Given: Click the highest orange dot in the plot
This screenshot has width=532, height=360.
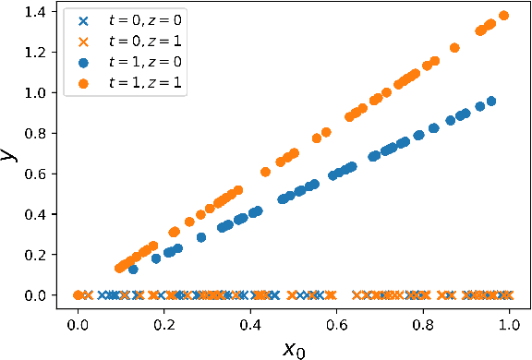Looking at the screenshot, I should tap(503, 16).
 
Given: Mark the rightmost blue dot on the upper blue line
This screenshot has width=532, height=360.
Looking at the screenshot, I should tap(490, 102).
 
